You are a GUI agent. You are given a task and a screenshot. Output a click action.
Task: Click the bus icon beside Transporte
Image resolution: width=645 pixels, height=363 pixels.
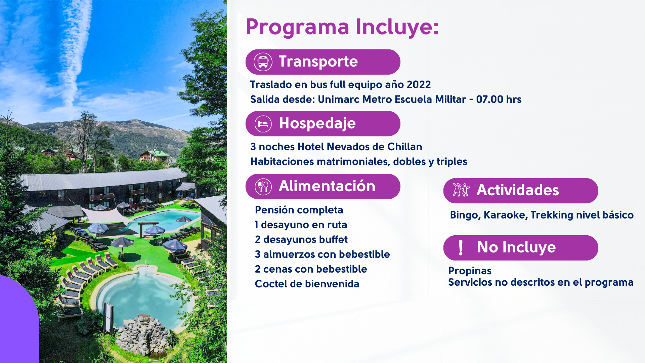(263, 62)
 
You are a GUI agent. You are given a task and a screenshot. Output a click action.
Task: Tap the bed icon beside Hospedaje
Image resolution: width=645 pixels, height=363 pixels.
(263, 124)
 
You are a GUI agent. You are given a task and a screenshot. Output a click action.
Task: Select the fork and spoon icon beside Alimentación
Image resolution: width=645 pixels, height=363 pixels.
(263, 187)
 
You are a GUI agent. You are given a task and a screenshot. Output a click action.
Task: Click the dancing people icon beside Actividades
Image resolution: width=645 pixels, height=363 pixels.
(461, 190)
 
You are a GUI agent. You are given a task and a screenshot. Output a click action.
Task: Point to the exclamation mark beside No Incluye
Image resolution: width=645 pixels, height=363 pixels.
(461, 248)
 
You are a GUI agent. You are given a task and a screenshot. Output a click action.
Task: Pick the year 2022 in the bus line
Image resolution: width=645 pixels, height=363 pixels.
(419, 84)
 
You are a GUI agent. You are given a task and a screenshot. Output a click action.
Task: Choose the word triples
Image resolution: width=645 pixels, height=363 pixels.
(451, 162)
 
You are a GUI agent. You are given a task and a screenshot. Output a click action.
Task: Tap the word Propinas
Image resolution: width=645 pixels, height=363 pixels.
(470, 271)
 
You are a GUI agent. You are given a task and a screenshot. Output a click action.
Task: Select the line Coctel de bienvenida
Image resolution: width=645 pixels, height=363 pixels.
(307, 284)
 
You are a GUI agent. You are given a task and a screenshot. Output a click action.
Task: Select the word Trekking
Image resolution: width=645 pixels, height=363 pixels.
(552, 215)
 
